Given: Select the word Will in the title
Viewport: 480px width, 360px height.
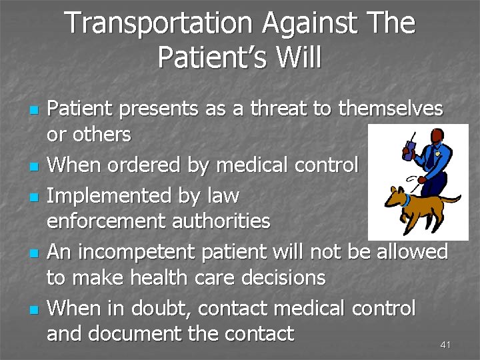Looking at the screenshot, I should coord(298,58).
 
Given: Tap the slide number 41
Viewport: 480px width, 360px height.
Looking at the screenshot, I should coord(446,345).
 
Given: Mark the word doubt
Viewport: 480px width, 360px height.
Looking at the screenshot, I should coord(169,308).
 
